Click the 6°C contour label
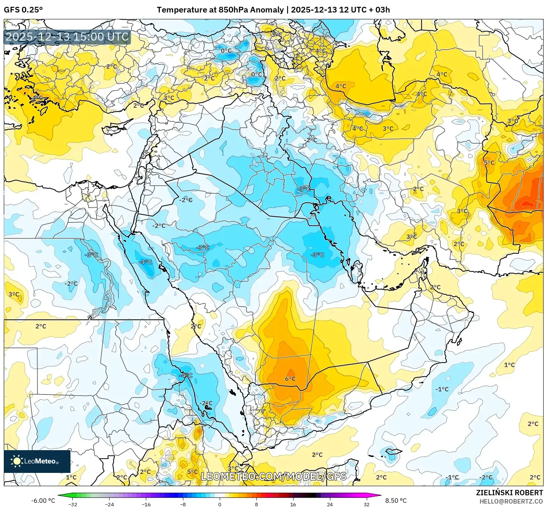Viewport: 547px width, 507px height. click(x=290, y=379)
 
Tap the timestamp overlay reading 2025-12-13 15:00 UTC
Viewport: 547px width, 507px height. click(x=67, y=37)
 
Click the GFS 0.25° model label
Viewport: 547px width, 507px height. click(x=23, y=10)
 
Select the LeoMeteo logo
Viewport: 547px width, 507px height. click(x=37, y=461)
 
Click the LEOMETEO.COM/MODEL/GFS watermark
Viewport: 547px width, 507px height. click(x=273, y=476)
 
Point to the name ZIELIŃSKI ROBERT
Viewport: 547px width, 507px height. click(x=509, y=493)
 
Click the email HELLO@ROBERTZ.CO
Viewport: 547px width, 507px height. click(x=511, y=501)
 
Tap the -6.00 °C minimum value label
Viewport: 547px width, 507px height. click(x=43, y=501)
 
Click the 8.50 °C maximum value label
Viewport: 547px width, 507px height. click(x=396, y=501)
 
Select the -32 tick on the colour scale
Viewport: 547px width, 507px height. click(x=73, y=504)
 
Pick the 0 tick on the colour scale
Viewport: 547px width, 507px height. click(x=220, y=504)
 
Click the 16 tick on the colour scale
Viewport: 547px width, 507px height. click(x=293, y=504)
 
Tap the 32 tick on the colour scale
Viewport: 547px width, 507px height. click(x=366, y=504)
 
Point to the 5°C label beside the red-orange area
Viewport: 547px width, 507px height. click(x=489, y=163)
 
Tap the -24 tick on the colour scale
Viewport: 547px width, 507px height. click(x=109, y=504)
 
